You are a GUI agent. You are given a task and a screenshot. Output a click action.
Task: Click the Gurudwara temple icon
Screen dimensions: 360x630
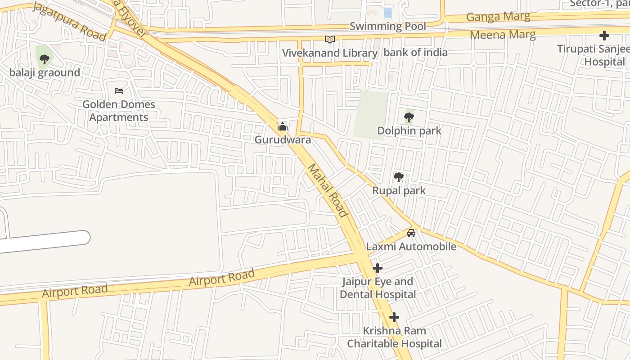tap(282, 126)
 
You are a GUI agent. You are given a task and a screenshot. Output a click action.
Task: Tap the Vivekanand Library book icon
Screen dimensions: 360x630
tap(330, 39)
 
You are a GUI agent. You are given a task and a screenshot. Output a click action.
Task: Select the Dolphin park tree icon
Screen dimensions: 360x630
tap(409, 117)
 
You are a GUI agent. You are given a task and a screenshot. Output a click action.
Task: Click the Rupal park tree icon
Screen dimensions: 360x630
tap(398, 177)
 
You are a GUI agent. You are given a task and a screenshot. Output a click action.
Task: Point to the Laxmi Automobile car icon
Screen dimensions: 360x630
tap(411, 233)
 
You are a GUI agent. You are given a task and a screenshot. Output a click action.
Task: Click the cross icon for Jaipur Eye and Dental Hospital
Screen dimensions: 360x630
tap(378, 268)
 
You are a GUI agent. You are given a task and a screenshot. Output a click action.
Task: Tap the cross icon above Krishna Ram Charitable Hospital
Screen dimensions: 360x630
tap(394, 317)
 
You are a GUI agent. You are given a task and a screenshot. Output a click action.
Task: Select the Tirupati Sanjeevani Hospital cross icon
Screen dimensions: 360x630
tap(604, 36)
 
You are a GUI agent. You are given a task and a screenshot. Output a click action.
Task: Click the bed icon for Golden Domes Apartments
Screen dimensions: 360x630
tap(119, 91)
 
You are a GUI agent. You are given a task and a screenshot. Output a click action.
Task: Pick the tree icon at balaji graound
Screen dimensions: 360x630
tap(44, 59)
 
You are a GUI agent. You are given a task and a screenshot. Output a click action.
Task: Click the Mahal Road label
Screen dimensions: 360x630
tap(328, 190)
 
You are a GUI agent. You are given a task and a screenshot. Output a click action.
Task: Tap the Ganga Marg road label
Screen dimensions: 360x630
tap(498, 17)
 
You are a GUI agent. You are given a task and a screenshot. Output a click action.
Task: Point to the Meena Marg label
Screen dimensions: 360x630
tap(503, 35)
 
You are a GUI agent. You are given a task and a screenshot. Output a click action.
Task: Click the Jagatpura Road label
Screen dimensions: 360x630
tap(69, 22)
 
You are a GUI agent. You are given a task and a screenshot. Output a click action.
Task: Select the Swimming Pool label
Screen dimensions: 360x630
tap(387, 27)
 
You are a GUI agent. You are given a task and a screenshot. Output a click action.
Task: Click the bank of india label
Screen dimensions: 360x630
tap(415, 53)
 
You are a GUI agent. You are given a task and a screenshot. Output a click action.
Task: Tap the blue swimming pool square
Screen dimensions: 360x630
tap(387, 13)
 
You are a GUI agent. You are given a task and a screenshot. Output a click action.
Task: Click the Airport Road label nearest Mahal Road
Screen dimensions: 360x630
tap(222, 277)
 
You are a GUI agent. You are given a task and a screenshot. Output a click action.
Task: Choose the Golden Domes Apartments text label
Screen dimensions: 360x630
tap(118, 111)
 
